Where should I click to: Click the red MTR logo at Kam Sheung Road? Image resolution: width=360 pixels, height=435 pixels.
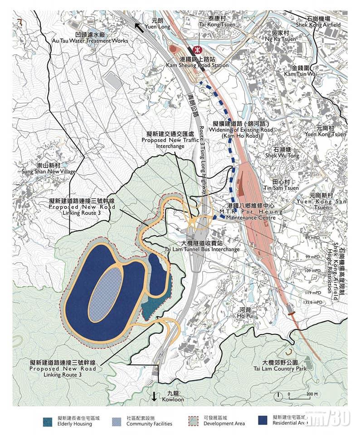[197, 50]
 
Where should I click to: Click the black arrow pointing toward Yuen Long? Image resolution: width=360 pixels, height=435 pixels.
[139, 27]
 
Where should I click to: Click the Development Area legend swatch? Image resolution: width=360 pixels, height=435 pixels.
[194, 420]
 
